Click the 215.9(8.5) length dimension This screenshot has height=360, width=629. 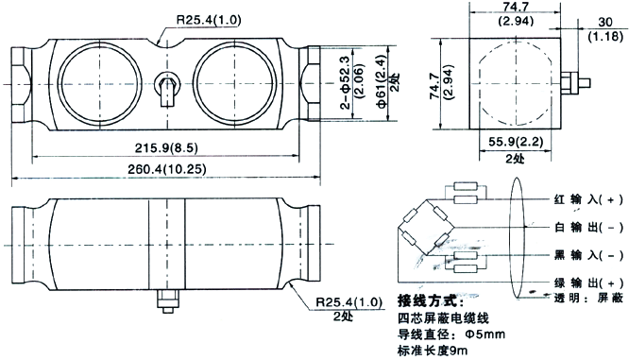coord(166,148)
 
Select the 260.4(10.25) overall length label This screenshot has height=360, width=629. coord(167,169)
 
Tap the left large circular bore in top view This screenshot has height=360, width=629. coord(100,43)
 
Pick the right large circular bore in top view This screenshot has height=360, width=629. coord(234,43)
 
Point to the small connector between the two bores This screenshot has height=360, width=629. coord(167,88)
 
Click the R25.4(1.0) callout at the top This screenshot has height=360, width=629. coord(209,20)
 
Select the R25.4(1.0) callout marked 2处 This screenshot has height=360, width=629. coord(349,302)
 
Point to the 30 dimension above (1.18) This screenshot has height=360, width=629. coord(605,22)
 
